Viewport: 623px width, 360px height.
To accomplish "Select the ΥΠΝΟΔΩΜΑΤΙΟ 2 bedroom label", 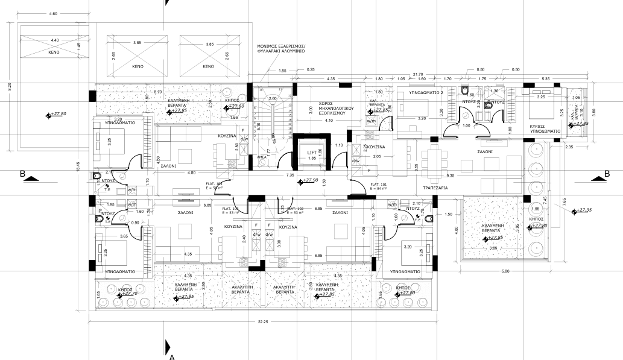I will point(426,94).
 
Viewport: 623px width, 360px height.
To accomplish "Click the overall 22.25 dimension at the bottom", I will point(262,322).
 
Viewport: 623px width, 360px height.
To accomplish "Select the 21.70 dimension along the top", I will point(417,74).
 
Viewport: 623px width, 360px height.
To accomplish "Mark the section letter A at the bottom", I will point(172,357).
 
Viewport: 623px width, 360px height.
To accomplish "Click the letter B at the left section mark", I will point(23,174).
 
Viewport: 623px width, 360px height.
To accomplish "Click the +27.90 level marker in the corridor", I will point(310,180).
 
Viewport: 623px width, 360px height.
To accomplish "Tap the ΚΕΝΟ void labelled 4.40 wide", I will point(55,52).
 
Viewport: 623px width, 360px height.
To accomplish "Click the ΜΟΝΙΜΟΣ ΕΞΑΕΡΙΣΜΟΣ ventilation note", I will point(281,49).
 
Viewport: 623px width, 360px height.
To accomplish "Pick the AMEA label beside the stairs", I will point(262,156).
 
